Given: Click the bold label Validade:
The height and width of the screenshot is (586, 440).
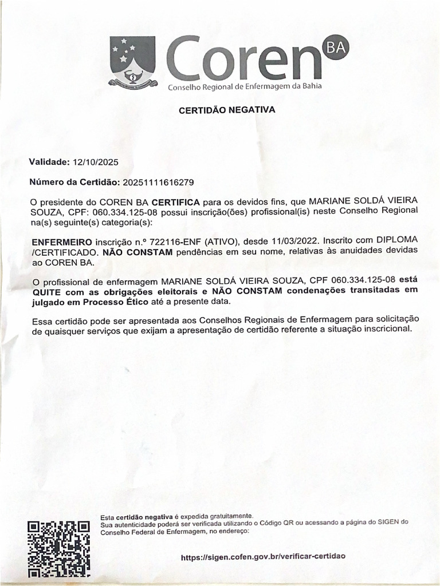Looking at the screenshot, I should (x=49, y=162).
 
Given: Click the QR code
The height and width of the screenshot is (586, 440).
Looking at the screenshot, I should (x=59, y=548).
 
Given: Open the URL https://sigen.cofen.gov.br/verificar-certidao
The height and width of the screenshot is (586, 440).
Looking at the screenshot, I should (x=263, y=556).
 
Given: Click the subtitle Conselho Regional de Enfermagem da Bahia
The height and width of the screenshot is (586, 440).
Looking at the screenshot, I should (x=244, y=86).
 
